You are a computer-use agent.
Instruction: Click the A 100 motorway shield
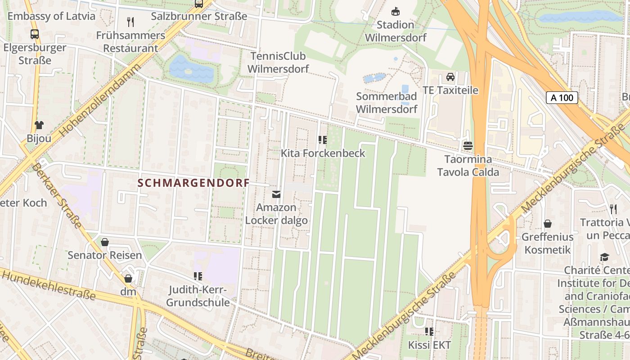click(x=562, y=98)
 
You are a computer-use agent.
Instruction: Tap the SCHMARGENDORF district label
click(x=193, y=183)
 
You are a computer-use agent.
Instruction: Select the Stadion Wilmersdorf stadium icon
click(x=396, y=12)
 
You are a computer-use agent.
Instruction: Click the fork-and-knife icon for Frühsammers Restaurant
click(x=130, y=22)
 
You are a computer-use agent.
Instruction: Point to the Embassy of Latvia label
click(x=51, y=16)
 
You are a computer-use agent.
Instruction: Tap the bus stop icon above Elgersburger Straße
click(x=34, y=34)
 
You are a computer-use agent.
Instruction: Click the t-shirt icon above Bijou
click(x=39, y=125)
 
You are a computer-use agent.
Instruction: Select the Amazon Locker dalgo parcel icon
click(x=276, y=194)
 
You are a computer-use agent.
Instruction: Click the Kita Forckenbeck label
click(x=323, y=153)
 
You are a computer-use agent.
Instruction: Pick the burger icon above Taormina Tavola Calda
click(x=468, y=146)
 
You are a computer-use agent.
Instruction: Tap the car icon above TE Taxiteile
click(x=450, y=77)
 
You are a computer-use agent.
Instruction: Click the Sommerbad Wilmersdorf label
click(x=387, y=103)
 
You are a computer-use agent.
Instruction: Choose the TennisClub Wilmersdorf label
click(x=278, y=63)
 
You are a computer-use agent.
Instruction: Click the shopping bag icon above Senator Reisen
click(x=105, y=242)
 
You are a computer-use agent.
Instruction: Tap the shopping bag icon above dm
click(x=128, y=279)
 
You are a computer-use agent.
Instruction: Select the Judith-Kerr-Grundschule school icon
click(x=198, y=276)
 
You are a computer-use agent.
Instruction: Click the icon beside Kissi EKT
click(x=429, y=332)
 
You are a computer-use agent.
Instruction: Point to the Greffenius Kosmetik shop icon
click(x=548, y=224)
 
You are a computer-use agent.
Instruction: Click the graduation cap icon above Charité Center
click(x=604, y=257)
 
